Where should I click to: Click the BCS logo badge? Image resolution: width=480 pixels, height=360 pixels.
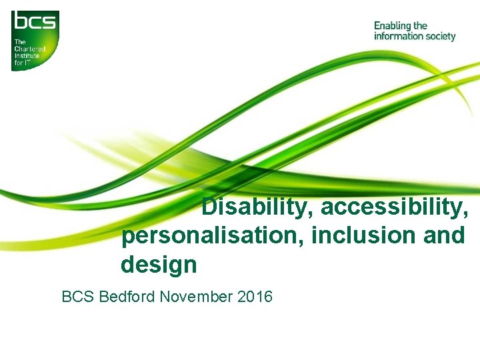(x=35, y=41)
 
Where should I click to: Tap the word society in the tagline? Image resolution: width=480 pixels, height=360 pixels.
(x=439, y=36)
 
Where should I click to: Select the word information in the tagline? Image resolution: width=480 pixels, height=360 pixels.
(x=397, y=36)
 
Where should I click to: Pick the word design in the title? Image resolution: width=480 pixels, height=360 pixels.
(x=159, y=265)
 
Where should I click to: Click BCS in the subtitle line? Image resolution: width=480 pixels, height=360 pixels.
(x=78, y=296)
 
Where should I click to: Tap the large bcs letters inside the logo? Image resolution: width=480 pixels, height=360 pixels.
(x=35, y=23)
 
